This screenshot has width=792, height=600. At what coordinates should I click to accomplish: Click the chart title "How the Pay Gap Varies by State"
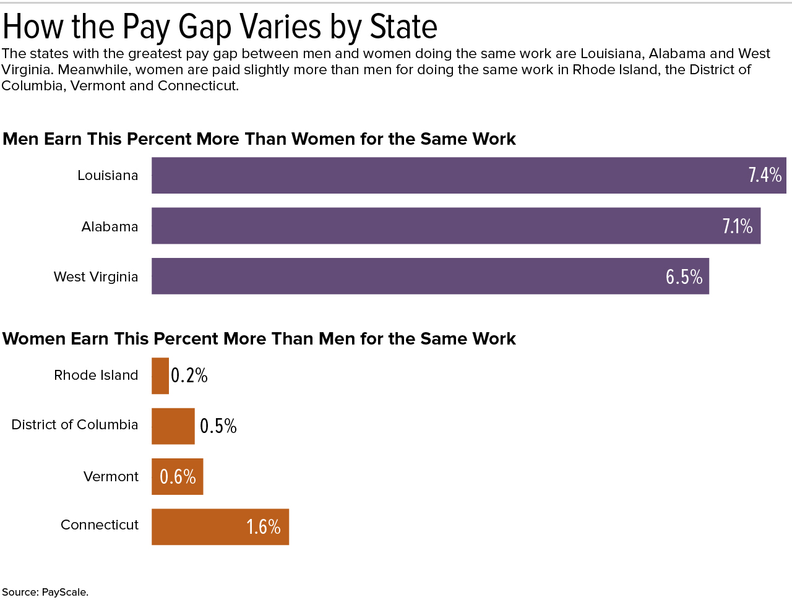220,27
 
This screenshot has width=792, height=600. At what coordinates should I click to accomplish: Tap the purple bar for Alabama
433,226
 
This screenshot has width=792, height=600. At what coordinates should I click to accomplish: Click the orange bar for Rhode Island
160,376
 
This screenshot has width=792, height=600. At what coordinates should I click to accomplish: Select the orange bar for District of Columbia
173,426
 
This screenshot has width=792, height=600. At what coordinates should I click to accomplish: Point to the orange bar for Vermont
155,476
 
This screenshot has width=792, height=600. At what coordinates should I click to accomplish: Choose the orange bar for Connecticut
198,527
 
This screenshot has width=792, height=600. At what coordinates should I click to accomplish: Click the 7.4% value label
765,175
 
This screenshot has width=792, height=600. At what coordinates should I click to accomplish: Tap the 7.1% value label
738,226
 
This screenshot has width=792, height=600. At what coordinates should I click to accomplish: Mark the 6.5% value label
684,276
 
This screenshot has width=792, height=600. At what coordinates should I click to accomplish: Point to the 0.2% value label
189,375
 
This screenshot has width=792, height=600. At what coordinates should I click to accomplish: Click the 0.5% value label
218,426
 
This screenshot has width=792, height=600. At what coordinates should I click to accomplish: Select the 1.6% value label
264,527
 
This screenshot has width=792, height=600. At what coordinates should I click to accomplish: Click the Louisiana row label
108,176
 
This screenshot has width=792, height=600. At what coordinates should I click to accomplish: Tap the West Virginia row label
96,276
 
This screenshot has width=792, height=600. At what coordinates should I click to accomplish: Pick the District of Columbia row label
75,425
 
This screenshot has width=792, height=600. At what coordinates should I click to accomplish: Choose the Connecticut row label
100,525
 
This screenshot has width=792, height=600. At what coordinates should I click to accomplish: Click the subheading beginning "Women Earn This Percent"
259,339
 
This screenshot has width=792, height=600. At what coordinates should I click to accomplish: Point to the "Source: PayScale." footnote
45,592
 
